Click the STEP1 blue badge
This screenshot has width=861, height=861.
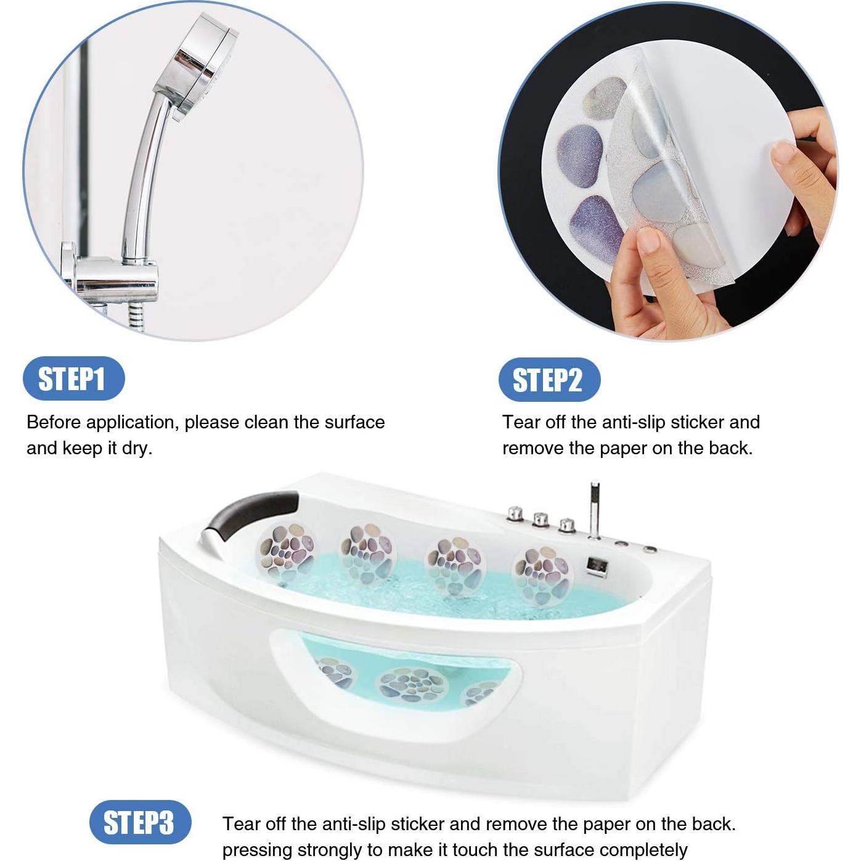(73, 378)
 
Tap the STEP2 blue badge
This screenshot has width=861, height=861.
(549, 380)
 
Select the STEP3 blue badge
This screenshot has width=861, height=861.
(139, 822)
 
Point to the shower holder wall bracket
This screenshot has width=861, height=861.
(114, 280)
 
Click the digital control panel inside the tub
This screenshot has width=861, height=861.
(595, 565)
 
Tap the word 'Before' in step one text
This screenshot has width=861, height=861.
(54, 422)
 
